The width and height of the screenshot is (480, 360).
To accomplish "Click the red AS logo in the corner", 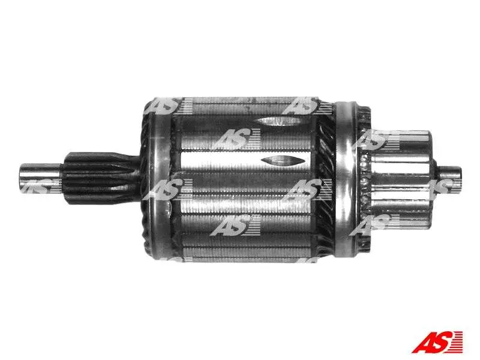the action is [437, 342].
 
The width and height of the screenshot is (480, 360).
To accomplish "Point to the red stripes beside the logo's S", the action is [457, 342].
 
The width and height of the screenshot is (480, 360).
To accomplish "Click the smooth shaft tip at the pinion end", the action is [39, 179].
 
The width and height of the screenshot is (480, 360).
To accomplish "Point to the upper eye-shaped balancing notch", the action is [277, 122].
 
